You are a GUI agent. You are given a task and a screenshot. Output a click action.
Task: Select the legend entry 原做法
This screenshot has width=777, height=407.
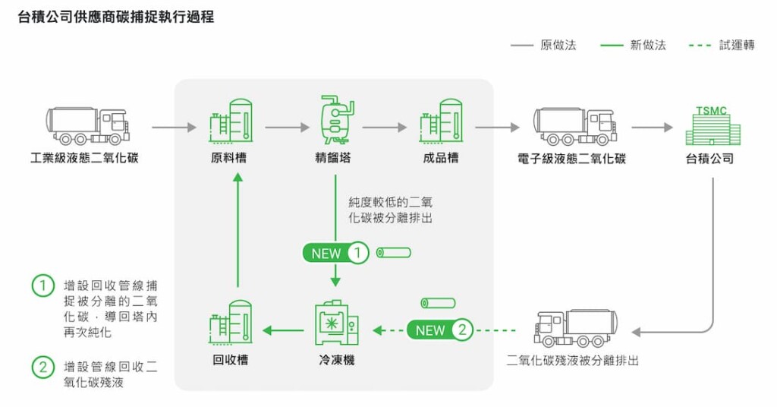543,46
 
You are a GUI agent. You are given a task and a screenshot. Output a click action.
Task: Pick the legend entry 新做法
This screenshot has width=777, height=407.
633,46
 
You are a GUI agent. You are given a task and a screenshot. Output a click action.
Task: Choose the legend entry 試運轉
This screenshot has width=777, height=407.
722,46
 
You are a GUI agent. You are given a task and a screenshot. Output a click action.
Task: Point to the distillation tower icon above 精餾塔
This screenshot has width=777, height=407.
334,120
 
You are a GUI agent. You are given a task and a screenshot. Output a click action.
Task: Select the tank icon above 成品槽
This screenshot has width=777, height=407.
441,122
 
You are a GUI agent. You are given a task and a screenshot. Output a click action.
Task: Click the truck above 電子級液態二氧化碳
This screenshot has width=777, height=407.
574,125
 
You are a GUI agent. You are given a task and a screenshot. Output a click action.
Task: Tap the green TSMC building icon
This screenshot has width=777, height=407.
711,125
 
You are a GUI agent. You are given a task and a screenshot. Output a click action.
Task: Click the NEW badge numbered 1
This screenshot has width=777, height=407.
335,253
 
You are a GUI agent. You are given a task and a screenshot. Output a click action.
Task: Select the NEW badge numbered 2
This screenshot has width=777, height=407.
440,330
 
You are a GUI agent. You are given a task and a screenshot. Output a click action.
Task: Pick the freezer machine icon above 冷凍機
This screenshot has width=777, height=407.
336,324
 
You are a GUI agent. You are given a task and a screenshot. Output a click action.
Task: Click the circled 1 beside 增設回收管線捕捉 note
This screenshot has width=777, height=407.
43,286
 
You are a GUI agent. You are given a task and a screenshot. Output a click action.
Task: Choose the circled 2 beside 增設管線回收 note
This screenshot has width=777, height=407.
43,367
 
